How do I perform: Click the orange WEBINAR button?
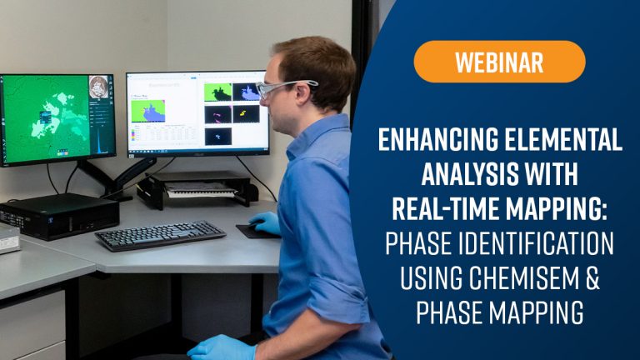coord(499,62)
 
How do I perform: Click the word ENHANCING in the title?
coord(435,142)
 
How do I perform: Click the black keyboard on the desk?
coord(159,235)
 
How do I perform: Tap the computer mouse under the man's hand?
coord(254,229)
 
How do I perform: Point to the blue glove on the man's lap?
coord(221,347)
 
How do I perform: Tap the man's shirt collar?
coord(321,133)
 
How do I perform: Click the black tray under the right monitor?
coord(197,190)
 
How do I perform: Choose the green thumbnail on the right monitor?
coord(217,92)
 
